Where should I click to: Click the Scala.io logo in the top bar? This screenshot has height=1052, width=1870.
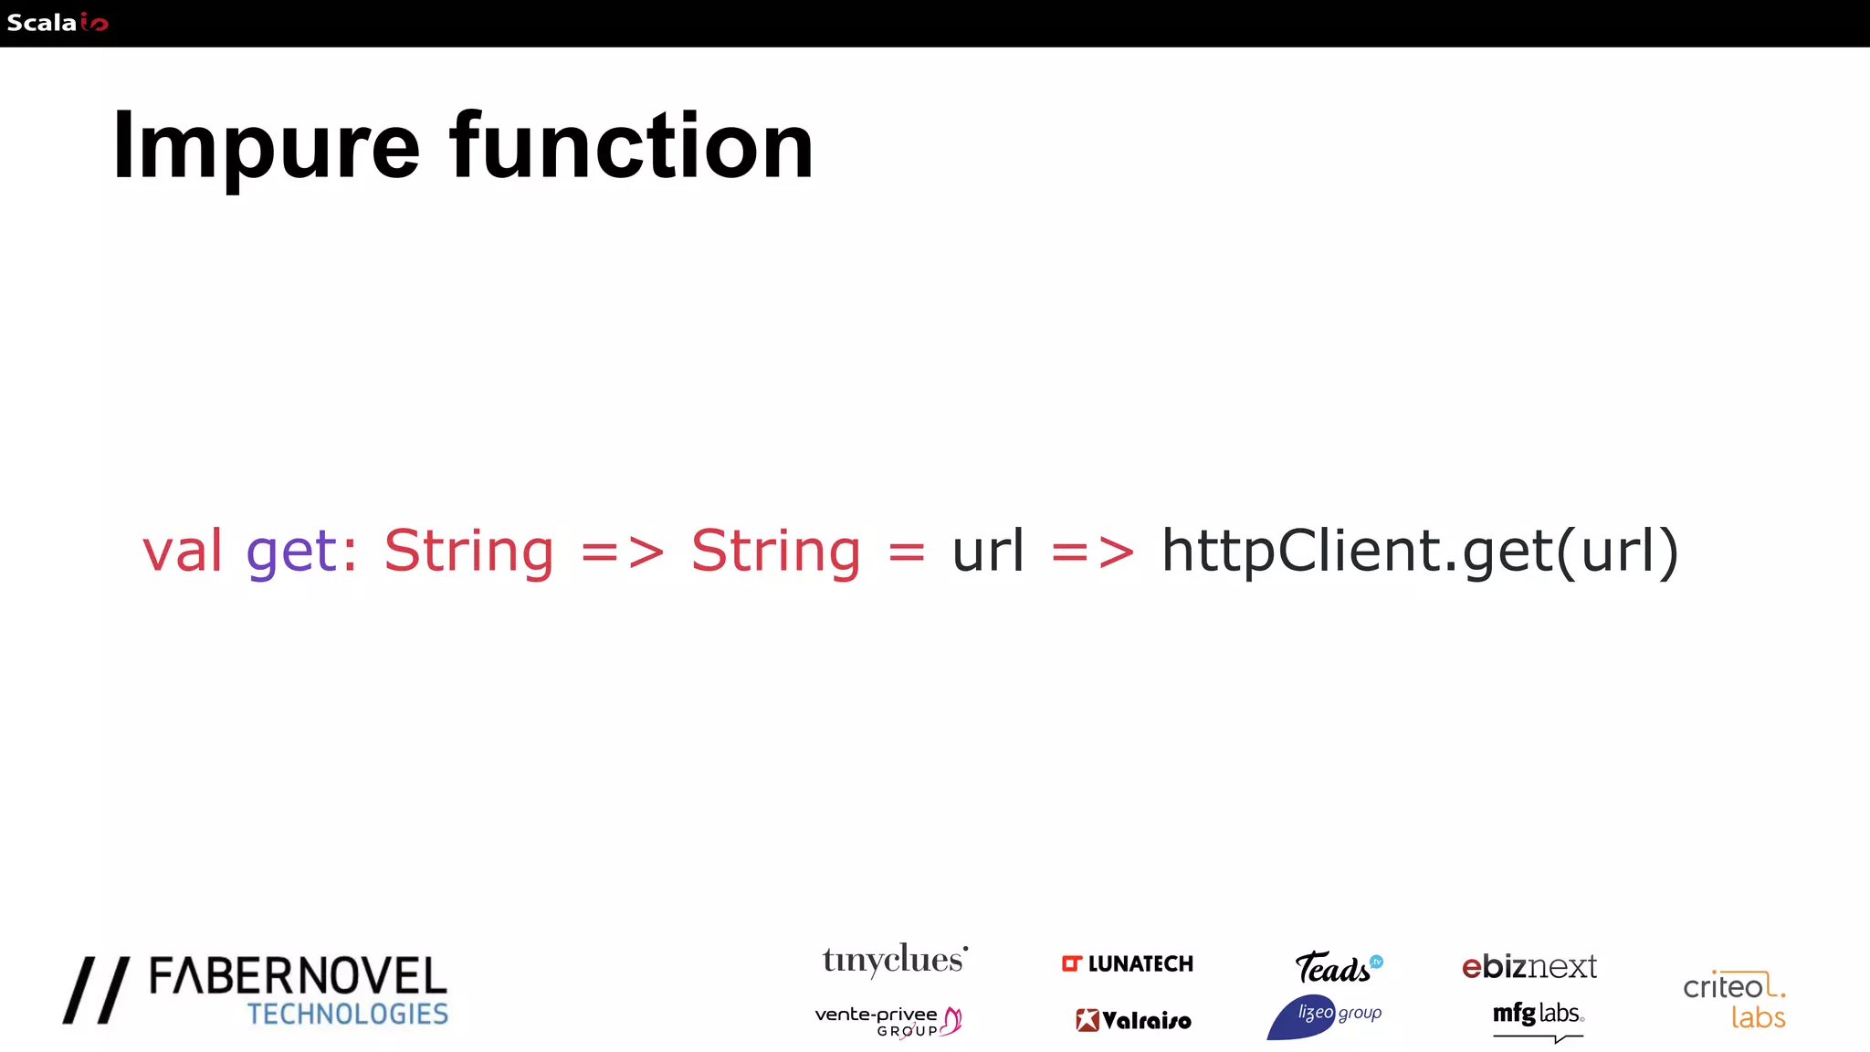[x=57, y=23]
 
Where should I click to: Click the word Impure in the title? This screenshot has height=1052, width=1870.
[x=266, y=146]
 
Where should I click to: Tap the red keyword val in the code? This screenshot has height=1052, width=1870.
[x=183, y=551]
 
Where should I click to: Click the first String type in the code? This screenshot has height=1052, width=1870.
[x=468, y=552]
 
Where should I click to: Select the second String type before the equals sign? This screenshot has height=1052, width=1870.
[x=775, y=552]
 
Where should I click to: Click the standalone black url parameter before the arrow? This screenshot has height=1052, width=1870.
[x=988, y=551]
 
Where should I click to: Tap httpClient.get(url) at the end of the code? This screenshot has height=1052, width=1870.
[x=1420, y=552]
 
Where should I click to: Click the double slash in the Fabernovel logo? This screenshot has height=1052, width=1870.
[x=96, y=990]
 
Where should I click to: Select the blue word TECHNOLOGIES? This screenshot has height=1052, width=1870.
[x=348, y=1014]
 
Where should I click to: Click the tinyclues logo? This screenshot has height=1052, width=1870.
[x=894, y=960]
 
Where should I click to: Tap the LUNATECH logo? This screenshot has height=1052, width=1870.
[x=1128, y=963]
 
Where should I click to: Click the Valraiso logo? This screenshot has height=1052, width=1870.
[x=1133, y=1020]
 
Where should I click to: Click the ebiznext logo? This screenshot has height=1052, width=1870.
[x=1529, y=966]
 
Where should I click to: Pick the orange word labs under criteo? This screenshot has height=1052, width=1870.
[x=1758, y=1017]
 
